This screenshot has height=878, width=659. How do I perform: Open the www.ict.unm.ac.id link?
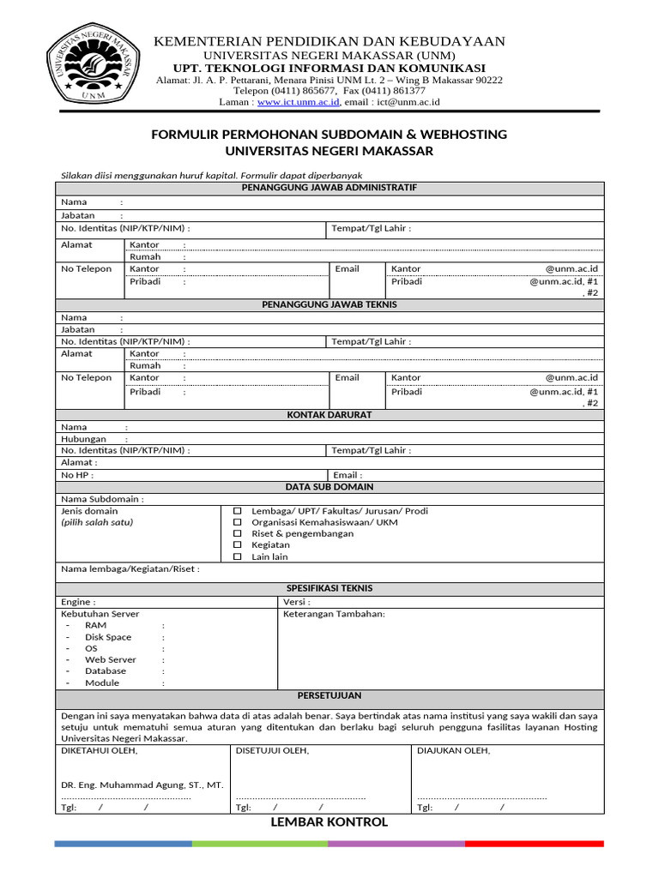point(299,102)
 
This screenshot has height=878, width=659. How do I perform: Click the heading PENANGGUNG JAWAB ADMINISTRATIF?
point(329,188)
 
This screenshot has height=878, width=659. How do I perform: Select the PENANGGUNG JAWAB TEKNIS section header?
point(329,304)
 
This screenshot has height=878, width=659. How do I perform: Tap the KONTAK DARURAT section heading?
point(329,414)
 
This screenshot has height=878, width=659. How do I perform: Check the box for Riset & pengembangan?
point(239,533)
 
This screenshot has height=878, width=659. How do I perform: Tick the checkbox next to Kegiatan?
point(239,545)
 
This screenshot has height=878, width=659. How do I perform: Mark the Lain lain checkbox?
point(239,556)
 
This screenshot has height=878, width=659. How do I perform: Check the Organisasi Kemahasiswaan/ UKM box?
point(239,522)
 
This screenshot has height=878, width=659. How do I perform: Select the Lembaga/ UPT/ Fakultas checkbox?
point(239,511)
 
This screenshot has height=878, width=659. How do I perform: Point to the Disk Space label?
point(108,637)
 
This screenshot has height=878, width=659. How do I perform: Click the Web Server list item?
point(110,660)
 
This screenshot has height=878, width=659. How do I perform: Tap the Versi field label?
point(297,602)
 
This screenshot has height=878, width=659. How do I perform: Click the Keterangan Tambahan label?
point(334,614)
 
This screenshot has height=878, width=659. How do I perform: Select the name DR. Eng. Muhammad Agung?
point(142,785)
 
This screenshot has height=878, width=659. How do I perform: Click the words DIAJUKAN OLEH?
point(453,750)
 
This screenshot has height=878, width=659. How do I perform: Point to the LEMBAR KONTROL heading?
point(329,822)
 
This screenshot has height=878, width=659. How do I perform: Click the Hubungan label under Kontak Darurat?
point(84,439)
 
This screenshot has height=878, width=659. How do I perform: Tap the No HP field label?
point(77,475)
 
